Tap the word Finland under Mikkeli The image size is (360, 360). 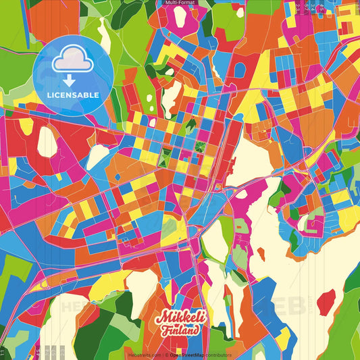(180, 330)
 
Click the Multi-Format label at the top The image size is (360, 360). (180, 3)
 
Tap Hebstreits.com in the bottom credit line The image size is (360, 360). (142, 355)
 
